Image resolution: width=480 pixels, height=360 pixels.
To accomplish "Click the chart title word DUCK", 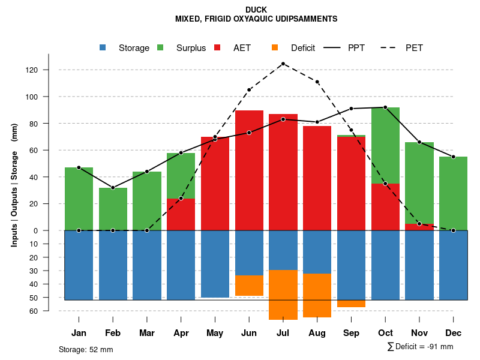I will click(256, 10).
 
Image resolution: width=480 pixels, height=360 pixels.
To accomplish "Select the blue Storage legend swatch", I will click(103, 47).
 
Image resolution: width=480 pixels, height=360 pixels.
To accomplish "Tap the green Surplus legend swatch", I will click(160, 47).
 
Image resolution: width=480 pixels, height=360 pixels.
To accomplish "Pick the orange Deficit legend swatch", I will click(275, 47).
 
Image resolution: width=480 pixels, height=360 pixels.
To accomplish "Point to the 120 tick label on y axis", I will click(48, 70).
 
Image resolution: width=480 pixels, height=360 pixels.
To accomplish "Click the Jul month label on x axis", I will click(283, 333).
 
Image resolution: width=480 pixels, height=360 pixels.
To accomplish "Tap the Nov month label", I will click(419, 333).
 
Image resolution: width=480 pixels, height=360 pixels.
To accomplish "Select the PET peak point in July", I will click(283, 64).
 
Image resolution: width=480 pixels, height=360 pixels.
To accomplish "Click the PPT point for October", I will click(385, 107).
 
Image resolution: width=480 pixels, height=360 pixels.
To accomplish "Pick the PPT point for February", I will click(113, 188).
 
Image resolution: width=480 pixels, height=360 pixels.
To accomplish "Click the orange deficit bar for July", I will click(283, 295).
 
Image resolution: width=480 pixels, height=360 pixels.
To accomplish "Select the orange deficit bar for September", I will click(351, 304).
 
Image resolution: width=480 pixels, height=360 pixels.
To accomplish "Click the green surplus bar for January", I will click(79, 199).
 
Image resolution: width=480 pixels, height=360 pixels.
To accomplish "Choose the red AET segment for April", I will click(181, 214).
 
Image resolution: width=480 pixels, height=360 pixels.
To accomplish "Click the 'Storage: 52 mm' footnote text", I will click(86, 349).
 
